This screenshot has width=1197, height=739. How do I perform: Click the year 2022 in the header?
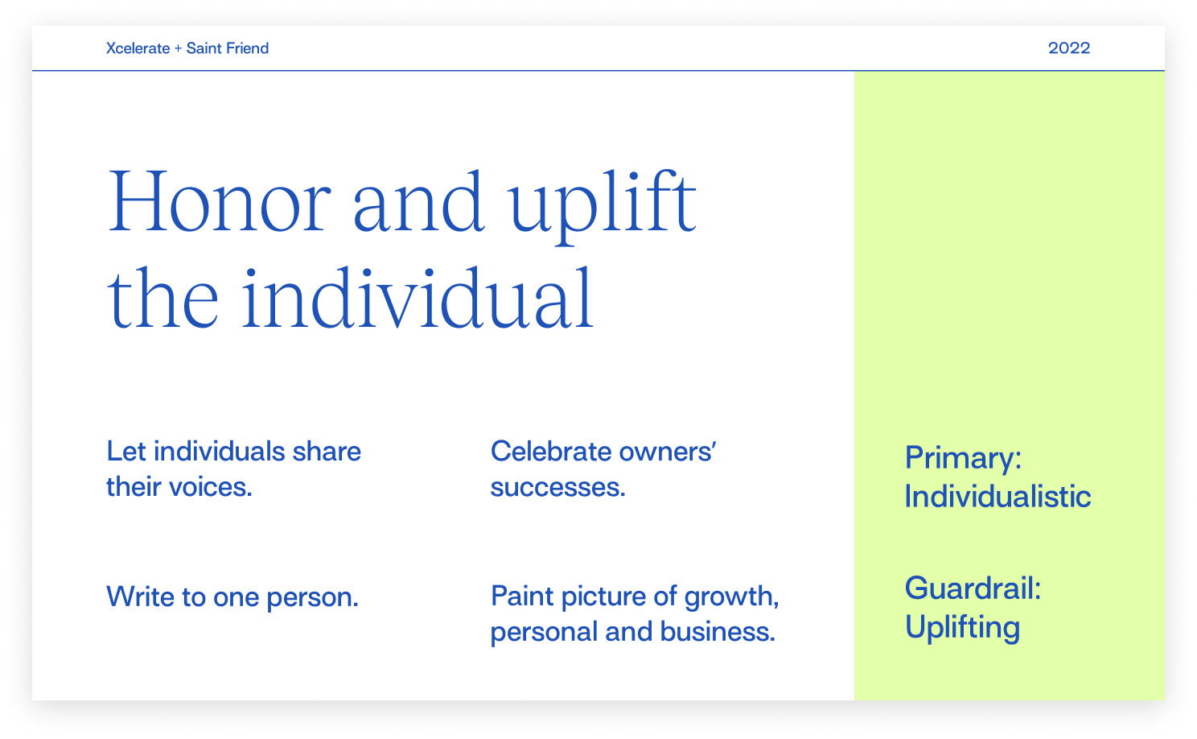coord(1069,48)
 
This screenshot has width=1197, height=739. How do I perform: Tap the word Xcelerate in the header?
coord(138,48)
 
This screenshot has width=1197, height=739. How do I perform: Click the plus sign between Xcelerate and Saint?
coord(178,48)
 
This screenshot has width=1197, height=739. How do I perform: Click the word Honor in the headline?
coord(219,201)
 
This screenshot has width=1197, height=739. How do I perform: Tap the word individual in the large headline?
coord(418,297)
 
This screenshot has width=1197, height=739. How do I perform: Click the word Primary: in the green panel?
coord(963,458)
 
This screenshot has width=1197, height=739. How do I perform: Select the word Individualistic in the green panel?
coord(997,496)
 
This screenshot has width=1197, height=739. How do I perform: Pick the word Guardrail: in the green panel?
coord(973,588)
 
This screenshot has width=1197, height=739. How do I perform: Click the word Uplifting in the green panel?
coord(962,628)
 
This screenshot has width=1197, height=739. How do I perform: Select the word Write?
coord(140,597)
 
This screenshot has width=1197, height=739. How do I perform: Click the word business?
coord(718,631)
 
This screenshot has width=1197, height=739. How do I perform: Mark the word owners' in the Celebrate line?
coord(668,452)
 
